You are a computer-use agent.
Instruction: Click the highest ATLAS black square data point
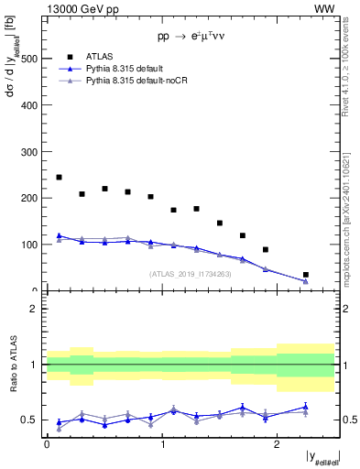(x=59, y=177)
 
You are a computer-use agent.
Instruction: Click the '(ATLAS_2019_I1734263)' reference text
(x=191, y=273)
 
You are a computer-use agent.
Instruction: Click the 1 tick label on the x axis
(x=162, y=444)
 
